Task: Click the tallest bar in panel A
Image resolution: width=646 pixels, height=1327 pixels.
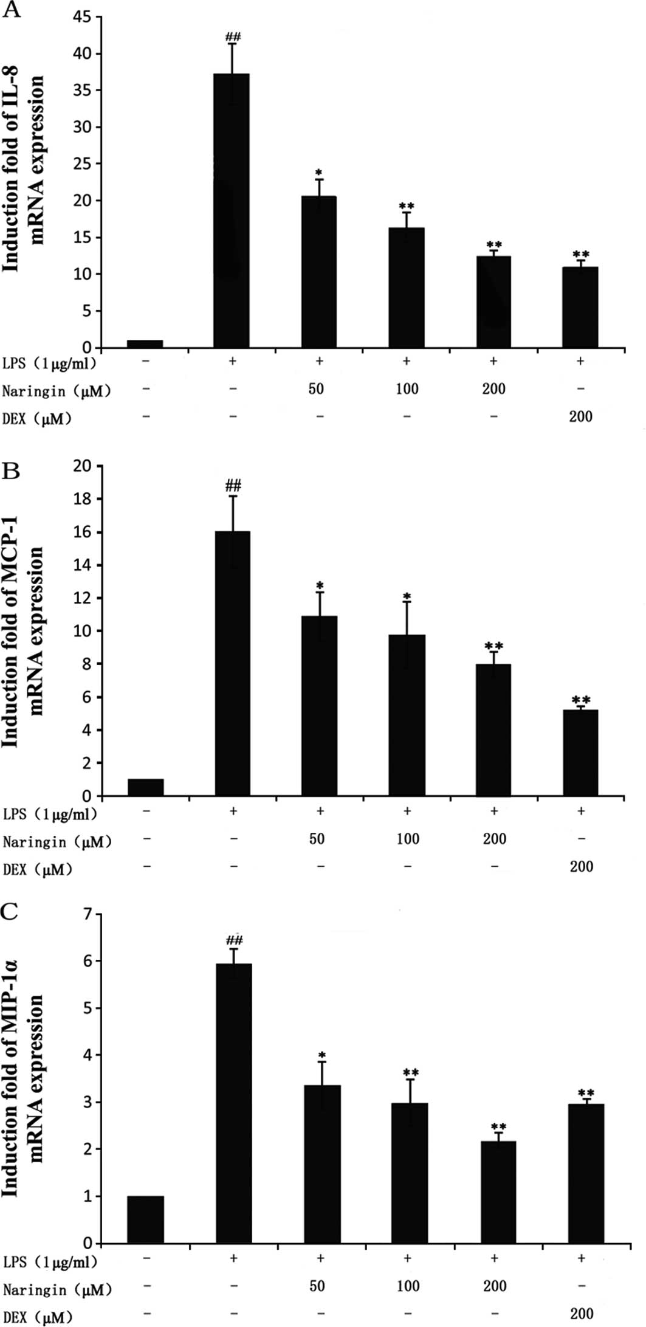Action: coord(231,210)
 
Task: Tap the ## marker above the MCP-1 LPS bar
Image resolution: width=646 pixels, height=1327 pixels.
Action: coord(233,485)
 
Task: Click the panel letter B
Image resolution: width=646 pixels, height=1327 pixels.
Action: coord(12,471)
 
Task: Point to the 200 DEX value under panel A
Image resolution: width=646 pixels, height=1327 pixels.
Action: coord(580,417)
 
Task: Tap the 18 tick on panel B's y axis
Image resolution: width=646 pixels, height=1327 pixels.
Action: coord(83,499)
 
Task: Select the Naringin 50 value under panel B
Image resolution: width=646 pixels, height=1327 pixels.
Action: coord(317,839)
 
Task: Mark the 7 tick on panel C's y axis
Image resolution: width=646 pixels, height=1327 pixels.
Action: coord(89,914)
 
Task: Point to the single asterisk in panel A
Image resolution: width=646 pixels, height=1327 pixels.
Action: coord(318,168)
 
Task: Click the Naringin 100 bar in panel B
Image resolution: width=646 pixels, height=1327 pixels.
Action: coord(407,715)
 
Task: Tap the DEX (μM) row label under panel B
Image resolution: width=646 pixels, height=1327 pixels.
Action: coord(37,870)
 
